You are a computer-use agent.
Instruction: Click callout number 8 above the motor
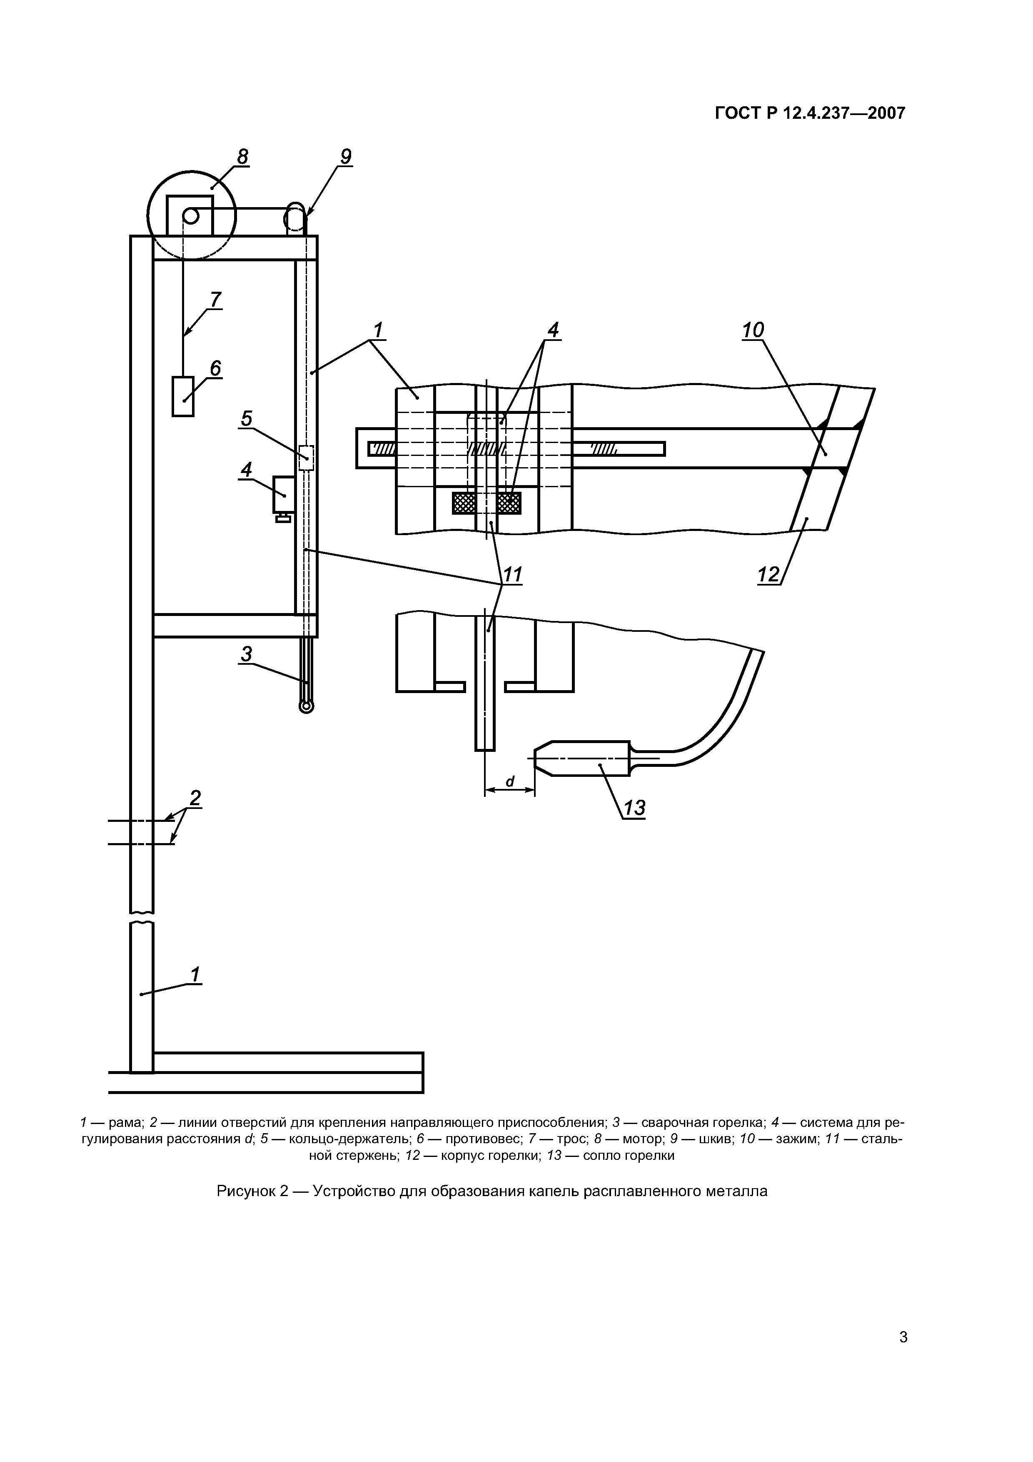(242, 157)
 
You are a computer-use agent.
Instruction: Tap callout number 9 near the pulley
(346, 157)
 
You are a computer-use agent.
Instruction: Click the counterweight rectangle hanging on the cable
(183, 397)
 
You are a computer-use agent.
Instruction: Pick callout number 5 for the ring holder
(246, 419)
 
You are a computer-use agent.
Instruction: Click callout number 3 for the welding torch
(246, 654)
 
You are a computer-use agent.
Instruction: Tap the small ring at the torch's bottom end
(306, 707)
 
